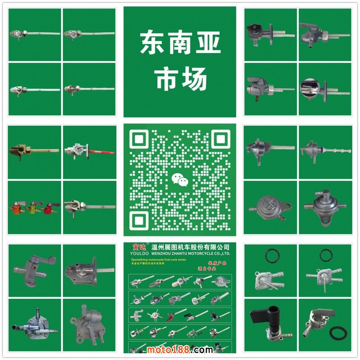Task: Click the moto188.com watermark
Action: click(x=180, y=350)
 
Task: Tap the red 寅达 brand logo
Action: click(x=135, y=247)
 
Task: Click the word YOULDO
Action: click(x=135, y=253)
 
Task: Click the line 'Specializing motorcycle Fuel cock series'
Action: click(x=153, y=260)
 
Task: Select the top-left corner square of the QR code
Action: click(x=139, y=139)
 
